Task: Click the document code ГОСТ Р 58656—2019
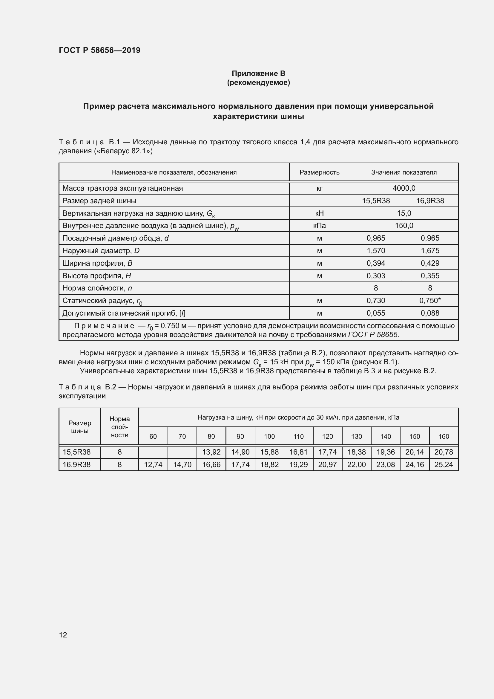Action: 99,50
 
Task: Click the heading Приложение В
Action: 258,74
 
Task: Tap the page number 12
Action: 63,635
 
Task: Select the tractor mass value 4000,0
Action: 404,188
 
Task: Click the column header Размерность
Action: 319,172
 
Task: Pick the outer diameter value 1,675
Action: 430,250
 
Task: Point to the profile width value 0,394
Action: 376,263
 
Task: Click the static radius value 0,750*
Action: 430,300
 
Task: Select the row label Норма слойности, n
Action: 97,288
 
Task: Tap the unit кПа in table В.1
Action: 319,226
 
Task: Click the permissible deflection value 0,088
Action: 430,313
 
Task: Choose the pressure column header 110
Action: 298,436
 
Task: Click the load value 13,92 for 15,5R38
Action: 211,452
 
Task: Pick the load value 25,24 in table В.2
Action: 444,465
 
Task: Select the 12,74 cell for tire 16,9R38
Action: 153,465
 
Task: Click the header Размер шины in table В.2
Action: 80,427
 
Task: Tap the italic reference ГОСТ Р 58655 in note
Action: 373,335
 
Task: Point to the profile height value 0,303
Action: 376,276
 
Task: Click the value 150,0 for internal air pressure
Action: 404,226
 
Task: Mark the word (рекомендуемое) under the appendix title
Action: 258,82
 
